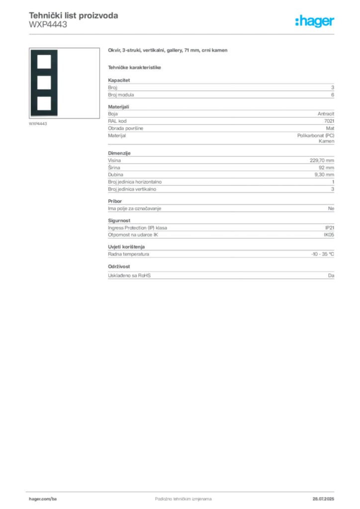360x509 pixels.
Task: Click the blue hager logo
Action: (x=315, y=22)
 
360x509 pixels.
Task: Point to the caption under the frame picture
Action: (x=38, y=124)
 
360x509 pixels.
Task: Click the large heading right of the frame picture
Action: (x=169, y=51)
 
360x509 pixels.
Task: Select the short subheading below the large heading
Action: (x=135, y=67)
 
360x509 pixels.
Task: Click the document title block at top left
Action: (x=74, y=20)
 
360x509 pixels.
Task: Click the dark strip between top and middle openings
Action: (x=44, y=72)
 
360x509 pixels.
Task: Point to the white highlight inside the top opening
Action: (x=44, y=64)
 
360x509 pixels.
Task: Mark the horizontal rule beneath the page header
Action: (x=183, y=34)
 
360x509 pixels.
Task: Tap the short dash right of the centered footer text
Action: (x=209, y=498)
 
